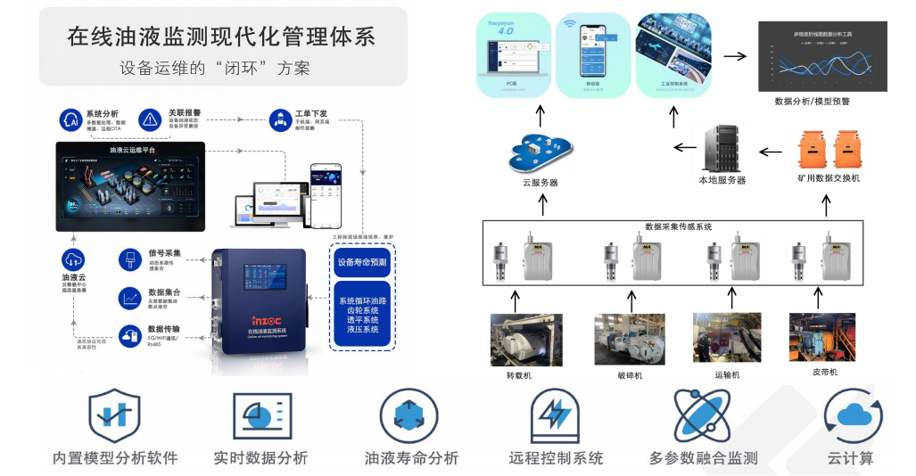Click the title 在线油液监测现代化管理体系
pyautogui.click(x=221, y=37)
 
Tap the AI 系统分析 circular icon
pyautogui.click(x=71, y=119)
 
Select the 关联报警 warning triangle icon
pyautogui.click(x=150, y=119)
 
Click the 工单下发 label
pyautogui.click(x=310, y=114)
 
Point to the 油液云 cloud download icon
pyautogui.click(x=73, y=260)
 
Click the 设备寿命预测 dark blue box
pyautogui.click(x=362, y=263)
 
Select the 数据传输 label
pyautogui.click(x=163, y=328)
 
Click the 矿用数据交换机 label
pyautogui.click(x=829, y=178)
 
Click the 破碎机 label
pyautogui.click(x=629, y=375)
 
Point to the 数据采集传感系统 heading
pyautogui.click(x=678, y=227)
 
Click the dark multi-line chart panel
pyautogui.click(x=822, y=55)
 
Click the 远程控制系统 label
pyautogui.click(x=556, y=458)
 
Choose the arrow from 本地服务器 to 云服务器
pyautogui.click(x=685, y=148)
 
